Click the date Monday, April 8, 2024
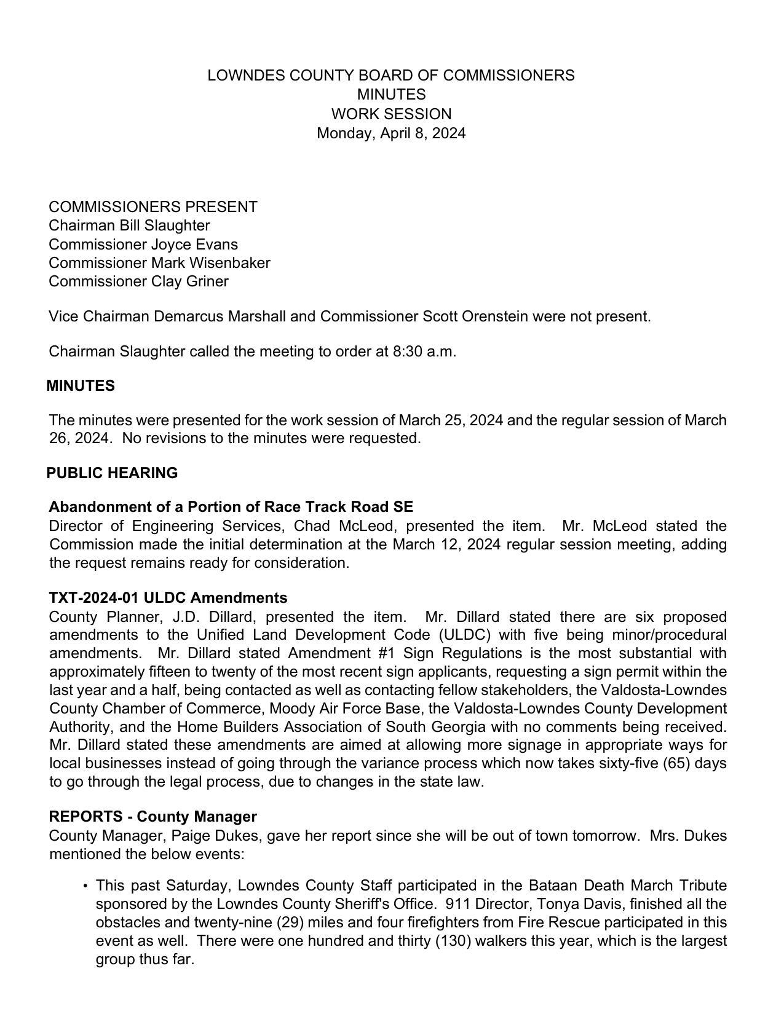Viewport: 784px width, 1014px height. click(391, 133)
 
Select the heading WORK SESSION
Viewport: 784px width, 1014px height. click(391, 114)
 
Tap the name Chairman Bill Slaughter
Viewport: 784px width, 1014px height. click(129, 226)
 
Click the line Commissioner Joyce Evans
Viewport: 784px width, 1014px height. click(143, 244)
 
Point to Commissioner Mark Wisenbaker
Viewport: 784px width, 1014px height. click(159, 263)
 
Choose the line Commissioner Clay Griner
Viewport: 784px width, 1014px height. click(138, 281)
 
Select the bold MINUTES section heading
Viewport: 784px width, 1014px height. click(81, 386)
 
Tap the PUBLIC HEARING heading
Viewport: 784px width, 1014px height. click(112, 473)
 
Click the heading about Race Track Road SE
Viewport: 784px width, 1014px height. click(231, 507)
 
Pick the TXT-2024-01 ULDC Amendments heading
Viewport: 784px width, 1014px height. click(168, 598)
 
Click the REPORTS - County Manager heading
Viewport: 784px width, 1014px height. click(152, 817)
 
